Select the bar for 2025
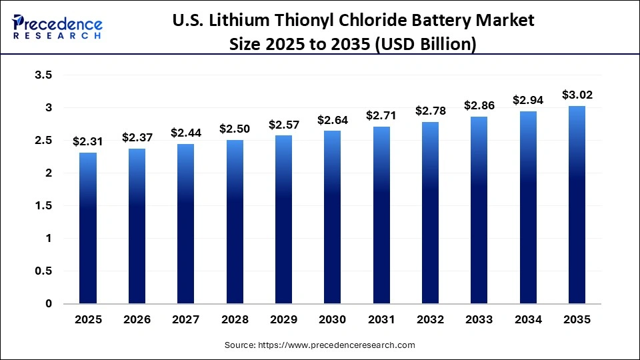coord(88,228)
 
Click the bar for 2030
coord(333,217)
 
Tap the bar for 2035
coord(577,205)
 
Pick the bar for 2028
coord(235,222)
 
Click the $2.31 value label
coord(88,141)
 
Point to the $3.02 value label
coord(577,95)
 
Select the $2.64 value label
coord(333,120)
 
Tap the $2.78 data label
coord(431,111)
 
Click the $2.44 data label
coord(186,133)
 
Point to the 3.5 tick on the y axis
coord(43,75)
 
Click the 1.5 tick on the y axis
coord(43,206)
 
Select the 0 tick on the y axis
coord(48,304)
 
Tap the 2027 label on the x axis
coord(186,320)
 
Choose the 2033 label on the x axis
coord(479,320)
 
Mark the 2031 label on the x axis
coord(381,320)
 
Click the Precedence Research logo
coord(57,27)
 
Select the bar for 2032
coord(431,213)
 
